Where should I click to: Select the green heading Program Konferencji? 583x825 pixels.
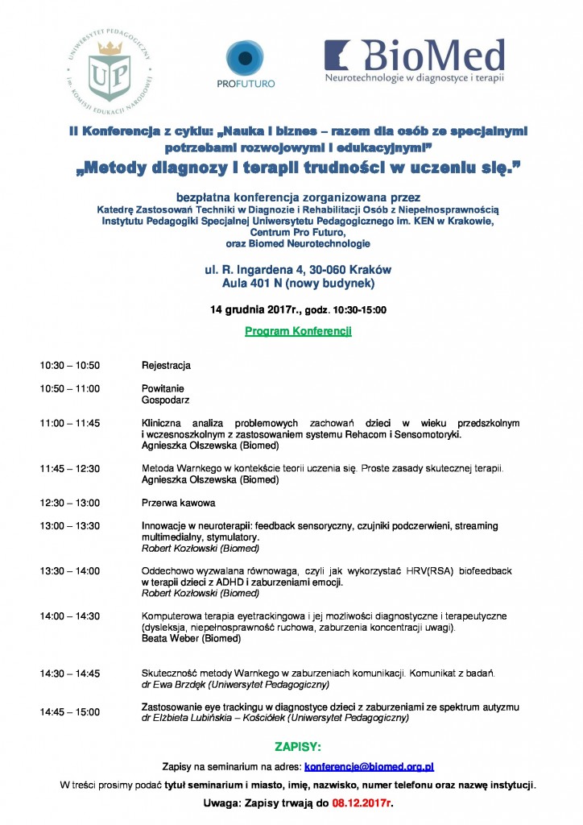298,331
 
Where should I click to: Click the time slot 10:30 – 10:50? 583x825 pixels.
70,366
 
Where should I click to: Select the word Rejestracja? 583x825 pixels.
166,366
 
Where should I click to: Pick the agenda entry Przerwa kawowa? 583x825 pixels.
178,504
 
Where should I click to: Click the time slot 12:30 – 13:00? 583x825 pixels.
70,504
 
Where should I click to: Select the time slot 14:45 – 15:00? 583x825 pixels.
70,711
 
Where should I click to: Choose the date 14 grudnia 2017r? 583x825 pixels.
250,309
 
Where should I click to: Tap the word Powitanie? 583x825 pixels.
163,388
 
